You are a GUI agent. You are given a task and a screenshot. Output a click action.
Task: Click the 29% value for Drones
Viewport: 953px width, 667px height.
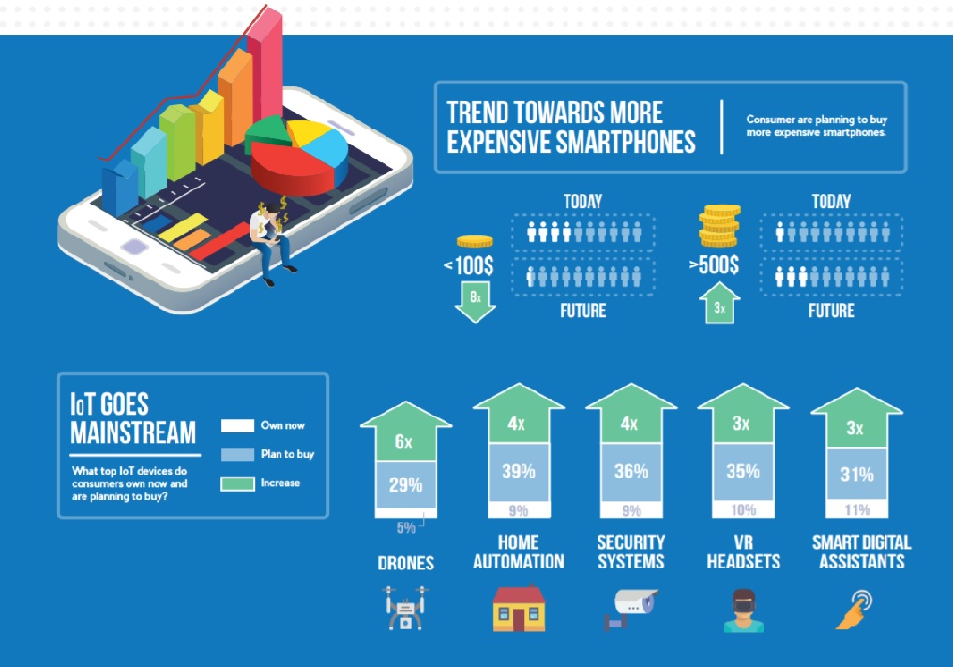coord(406,485)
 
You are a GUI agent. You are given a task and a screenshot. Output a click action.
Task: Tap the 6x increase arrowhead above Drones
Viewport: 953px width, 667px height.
coord(406,431)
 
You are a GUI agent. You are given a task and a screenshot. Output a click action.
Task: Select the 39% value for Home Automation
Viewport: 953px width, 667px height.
coord(519,471)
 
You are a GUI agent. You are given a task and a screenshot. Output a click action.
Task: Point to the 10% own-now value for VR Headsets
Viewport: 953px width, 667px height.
coord(743,509)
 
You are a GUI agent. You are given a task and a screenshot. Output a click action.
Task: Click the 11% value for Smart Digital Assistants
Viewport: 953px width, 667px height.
coord(857,509)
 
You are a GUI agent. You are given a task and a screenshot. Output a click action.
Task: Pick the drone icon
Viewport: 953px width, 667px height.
coord(406,608)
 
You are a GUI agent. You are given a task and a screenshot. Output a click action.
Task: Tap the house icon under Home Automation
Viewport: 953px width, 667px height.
coord(519,608)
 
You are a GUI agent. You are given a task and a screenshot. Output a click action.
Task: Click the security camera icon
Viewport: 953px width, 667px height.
coord(629,608)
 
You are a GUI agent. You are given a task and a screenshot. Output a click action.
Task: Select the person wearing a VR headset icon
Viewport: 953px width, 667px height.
coord(744,611)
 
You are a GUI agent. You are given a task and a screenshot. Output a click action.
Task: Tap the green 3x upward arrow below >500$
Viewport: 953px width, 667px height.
coord(719,303)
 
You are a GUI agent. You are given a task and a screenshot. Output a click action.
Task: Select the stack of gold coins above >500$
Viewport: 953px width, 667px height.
coord(719,225)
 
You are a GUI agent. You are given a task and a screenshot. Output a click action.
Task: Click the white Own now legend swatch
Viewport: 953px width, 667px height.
coord(237,426)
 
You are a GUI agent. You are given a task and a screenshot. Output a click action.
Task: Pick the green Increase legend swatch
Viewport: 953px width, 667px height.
coord(237,483)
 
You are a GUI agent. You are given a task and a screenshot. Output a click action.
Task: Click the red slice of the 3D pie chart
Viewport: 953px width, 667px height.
coord(292,167)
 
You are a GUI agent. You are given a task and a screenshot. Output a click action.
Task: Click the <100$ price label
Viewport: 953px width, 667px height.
coord(469,265)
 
